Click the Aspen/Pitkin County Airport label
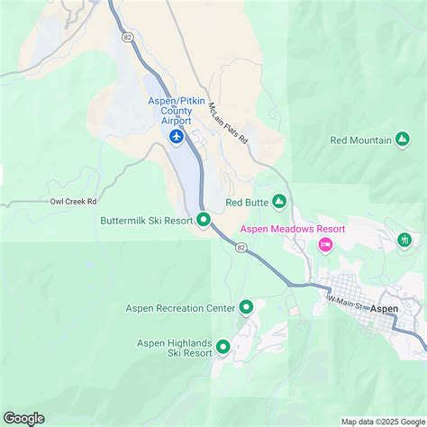[177, 110]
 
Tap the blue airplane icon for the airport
[177, 136]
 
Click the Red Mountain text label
[360, 140]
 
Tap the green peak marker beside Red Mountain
[402, 140]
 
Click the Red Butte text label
[247, 203]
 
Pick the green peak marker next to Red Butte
[279, 202]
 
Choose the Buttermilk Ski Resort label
[146, 220]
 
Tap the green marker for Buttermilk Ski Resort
[204, 219]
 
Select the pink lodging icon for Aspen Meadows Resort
[326, 244]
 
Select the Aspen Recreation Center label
[185, 308]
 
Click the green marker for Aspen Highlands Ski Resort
[223, 346]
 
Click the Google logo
[24, 417]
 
